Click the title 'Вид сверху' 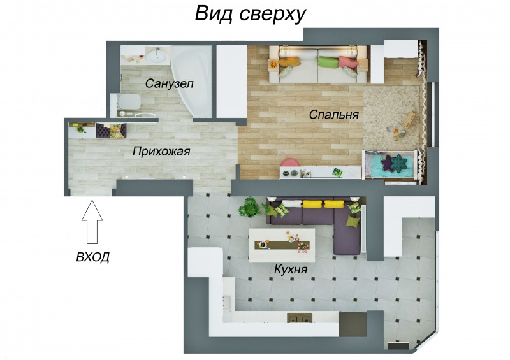click(x=251, y=14)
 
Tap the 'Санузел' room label click(x=169, y=83)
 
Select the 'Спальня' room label click(x=333, y=115)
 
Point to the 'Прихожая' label click(x=161, y=152)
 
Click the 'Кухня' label click(x=291, y=270)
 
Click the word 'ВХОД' click(x=92, y=257)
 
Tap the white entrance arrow click(x=92, y=222)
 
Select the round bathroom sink click(x=157, y=57)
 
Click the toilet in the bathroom click(x=127, y=102)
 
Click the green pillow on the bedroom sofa click(x=328, y=62)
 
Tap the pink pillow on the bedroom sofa click(x=347, y=62)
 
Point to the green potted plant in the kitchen click(x=251, y=207)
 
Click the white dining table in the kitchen click(x=282, y=245)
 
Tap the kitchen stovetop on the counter click(x=300, y=318)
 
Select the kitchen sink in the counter click(x=228, y=303)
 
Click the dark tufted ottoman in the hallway click(x=103, y=131)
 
